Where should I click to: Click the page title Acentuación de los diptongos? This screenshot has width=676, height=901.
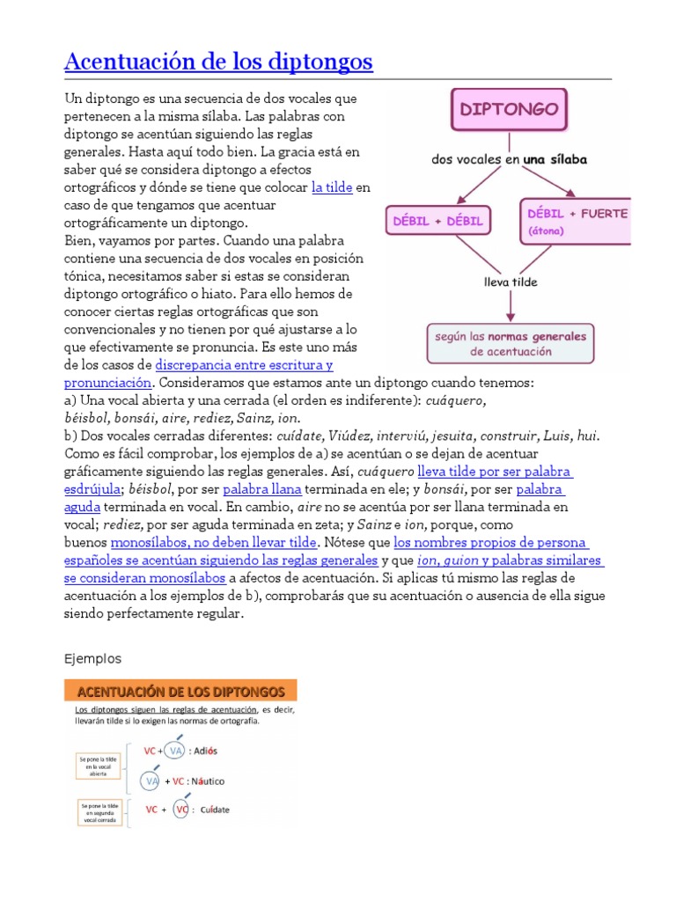point(219,62)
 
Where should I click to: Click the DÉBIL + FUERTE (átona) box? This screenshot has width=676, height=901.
point(577,221)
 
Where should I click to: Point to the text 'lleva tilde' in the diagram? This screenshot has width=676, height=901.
point(511,282)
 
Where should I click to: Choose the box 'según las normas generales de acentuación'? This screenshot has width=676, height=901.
point(511,343)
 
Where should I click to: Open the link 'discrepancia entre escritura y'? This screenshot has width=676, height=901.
point(244,365)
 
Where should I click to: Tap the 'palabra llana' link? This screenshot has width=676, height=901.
point(262,489)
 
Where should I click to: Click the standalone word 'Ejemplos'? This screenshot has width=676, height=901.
point(93,658)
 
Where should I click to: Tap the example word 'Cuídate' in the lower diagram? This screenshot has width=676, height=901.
point(220,809)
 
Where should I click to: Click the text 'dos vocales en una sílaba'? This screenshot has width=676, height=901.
point(510,160)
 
